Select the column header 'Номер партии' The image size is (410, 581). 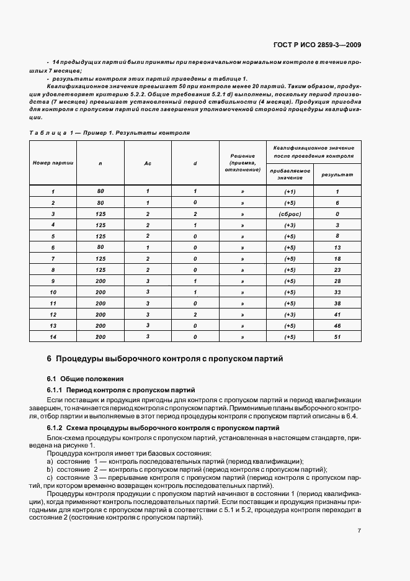[x=53, y=163]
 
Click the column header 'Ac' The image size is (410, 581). [x=148, y=163]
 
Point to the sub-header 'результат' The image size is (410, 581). [x=337, y=174]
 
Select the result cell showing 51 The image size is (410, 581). [x=337, y=336]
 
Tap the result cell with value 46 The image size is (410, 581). [x=337, y=325]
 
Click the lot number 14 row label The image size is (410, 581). [x=53, y=336]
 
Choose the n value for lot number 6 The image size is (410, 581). [x=100, y=247]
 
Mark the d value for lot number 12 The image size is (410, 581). [x=195, y=314]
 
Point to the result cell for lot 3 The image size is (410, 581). [x=337, y=214]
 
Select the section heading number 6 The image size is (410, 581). [x=49, y=359]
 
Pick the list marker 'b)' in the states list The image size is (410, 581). [x=50, y=469]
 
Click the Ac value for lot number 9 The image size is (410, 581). [x=148, y=281]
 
